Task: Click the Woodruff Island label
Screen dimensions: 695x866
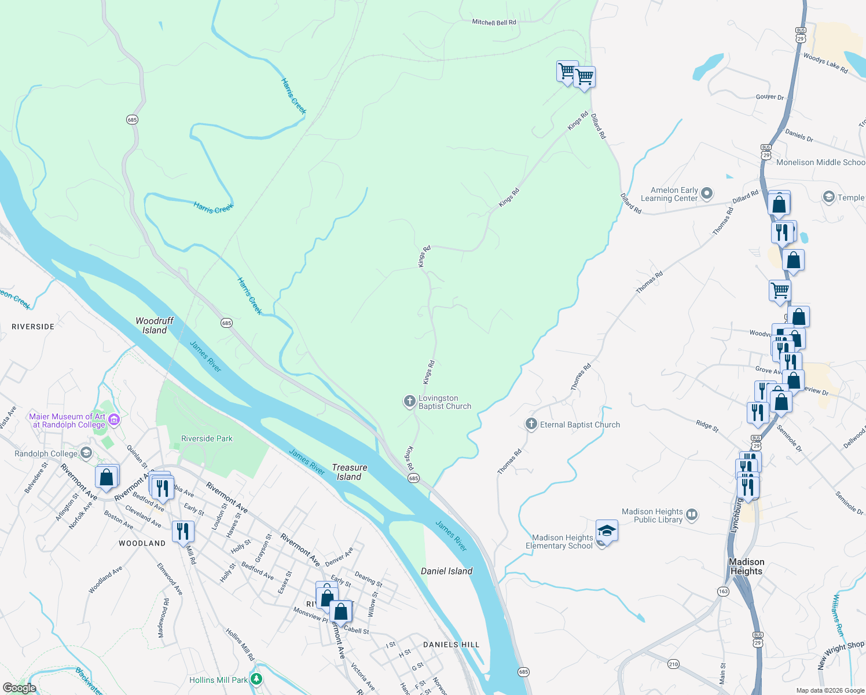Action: point(155,325)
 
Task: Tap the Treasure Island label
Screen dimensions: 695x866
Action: point(349,472)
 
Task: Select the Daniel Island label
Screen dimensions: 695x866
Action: point(446,571)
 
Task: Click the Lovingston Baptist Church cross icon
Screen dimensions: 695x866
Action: point(409,401)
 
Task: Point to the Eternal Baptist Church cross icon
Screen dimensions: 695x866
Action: point(531,425)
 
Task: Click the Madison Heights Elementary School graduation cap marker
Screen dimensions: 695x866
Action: point(606,531)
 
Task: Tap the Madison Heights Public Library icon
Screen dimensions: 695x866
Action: point(692,515)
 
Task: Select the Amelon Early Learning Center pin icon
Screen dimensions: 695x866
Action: point(707,193)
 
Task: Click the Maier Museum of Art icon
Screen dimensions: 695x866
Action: point(114,420)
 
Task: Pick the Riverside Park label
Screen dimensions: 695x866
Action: point(207,438)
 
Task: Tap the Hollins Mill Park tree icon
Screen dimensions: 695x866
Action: point(256,679)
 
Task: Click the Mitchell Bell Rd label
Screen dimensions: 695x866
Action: point(494,23)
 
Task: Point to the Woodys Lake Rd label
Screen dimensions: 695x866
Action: point(825,63)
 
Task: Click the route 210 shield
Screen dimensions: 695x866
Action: point(673,664)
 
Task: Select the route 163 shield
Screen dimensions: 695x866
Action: point(722,591)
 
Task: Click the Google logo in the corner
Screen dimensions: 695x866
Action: point(19,687)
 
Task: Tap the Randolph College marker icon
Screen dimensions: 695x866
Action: point(86,453)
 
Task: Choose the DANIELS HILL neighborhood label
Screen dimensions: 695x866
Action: point(451,645)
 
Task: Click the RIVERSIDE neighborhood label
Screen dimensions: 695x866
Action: point(33,327)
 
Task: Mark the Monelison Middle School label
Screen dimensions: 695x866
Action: point(820,162)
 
